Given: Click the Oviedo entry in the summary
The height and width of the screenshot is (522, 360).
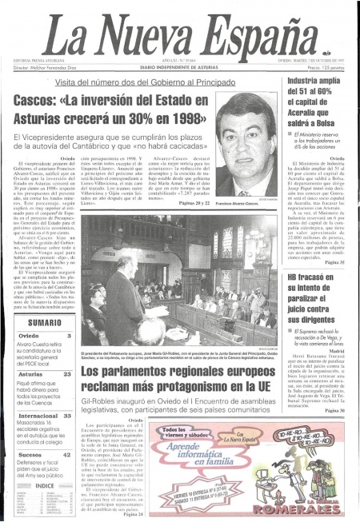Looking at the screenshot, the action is [x=30, y=337].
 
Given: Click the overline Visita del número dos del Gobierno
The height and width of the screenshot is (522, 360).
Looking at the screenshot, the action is [x=128, y=82].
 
